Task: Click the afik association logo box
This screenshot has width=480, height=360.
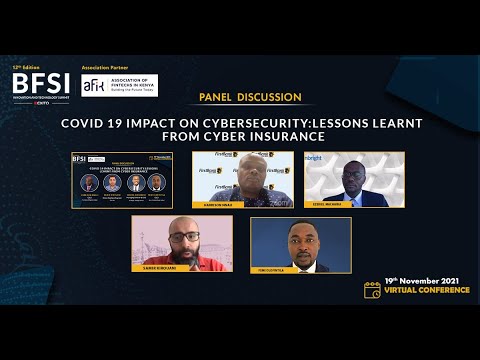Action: tap(119, 85)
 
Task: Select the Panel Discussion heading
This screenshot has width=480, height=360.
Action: tap(250, 98)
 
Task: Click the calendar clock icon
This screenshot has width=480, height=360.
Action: tap(372, 290)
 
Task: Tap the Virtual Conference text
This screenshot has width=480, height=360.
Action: tap(427, 291)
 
